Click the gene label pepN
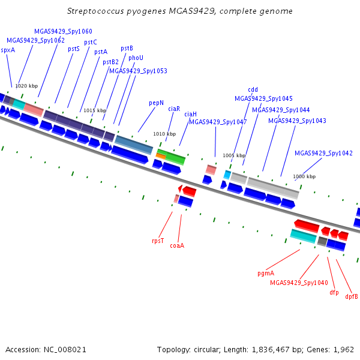click(x=156, y=103)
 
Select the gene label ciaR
click(x=174, y=109)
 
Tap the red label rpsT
click(x=158, y=241)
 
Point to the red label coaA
click(x=177, y=245)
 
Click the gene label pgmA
click(x=266, y=273)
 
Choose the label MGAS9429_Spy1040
click(x=299, y=283)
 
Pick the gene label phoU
click(x=136, y=58)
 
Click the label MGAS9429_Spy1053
click(x=138, y=71)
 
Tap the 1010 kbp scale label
click(x=164, y=134)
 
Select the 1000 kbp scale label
click(x=304, y=176)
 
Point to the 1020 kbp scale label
click(x=26, y=86)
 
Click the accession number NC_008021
click(x=65, y=350)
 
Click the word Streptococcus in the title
click(x=95, y=11)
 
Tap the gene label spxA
click(x=8, y=50)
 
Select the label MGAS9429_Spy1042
click(x=323, y=153)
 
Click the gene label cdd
click(x=253, y=89)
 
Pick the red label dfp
click(x=334, y=292)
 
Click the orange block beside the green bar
click(x=161, y=156)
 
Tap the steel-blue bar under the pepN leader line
click(x=134, y=145)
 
